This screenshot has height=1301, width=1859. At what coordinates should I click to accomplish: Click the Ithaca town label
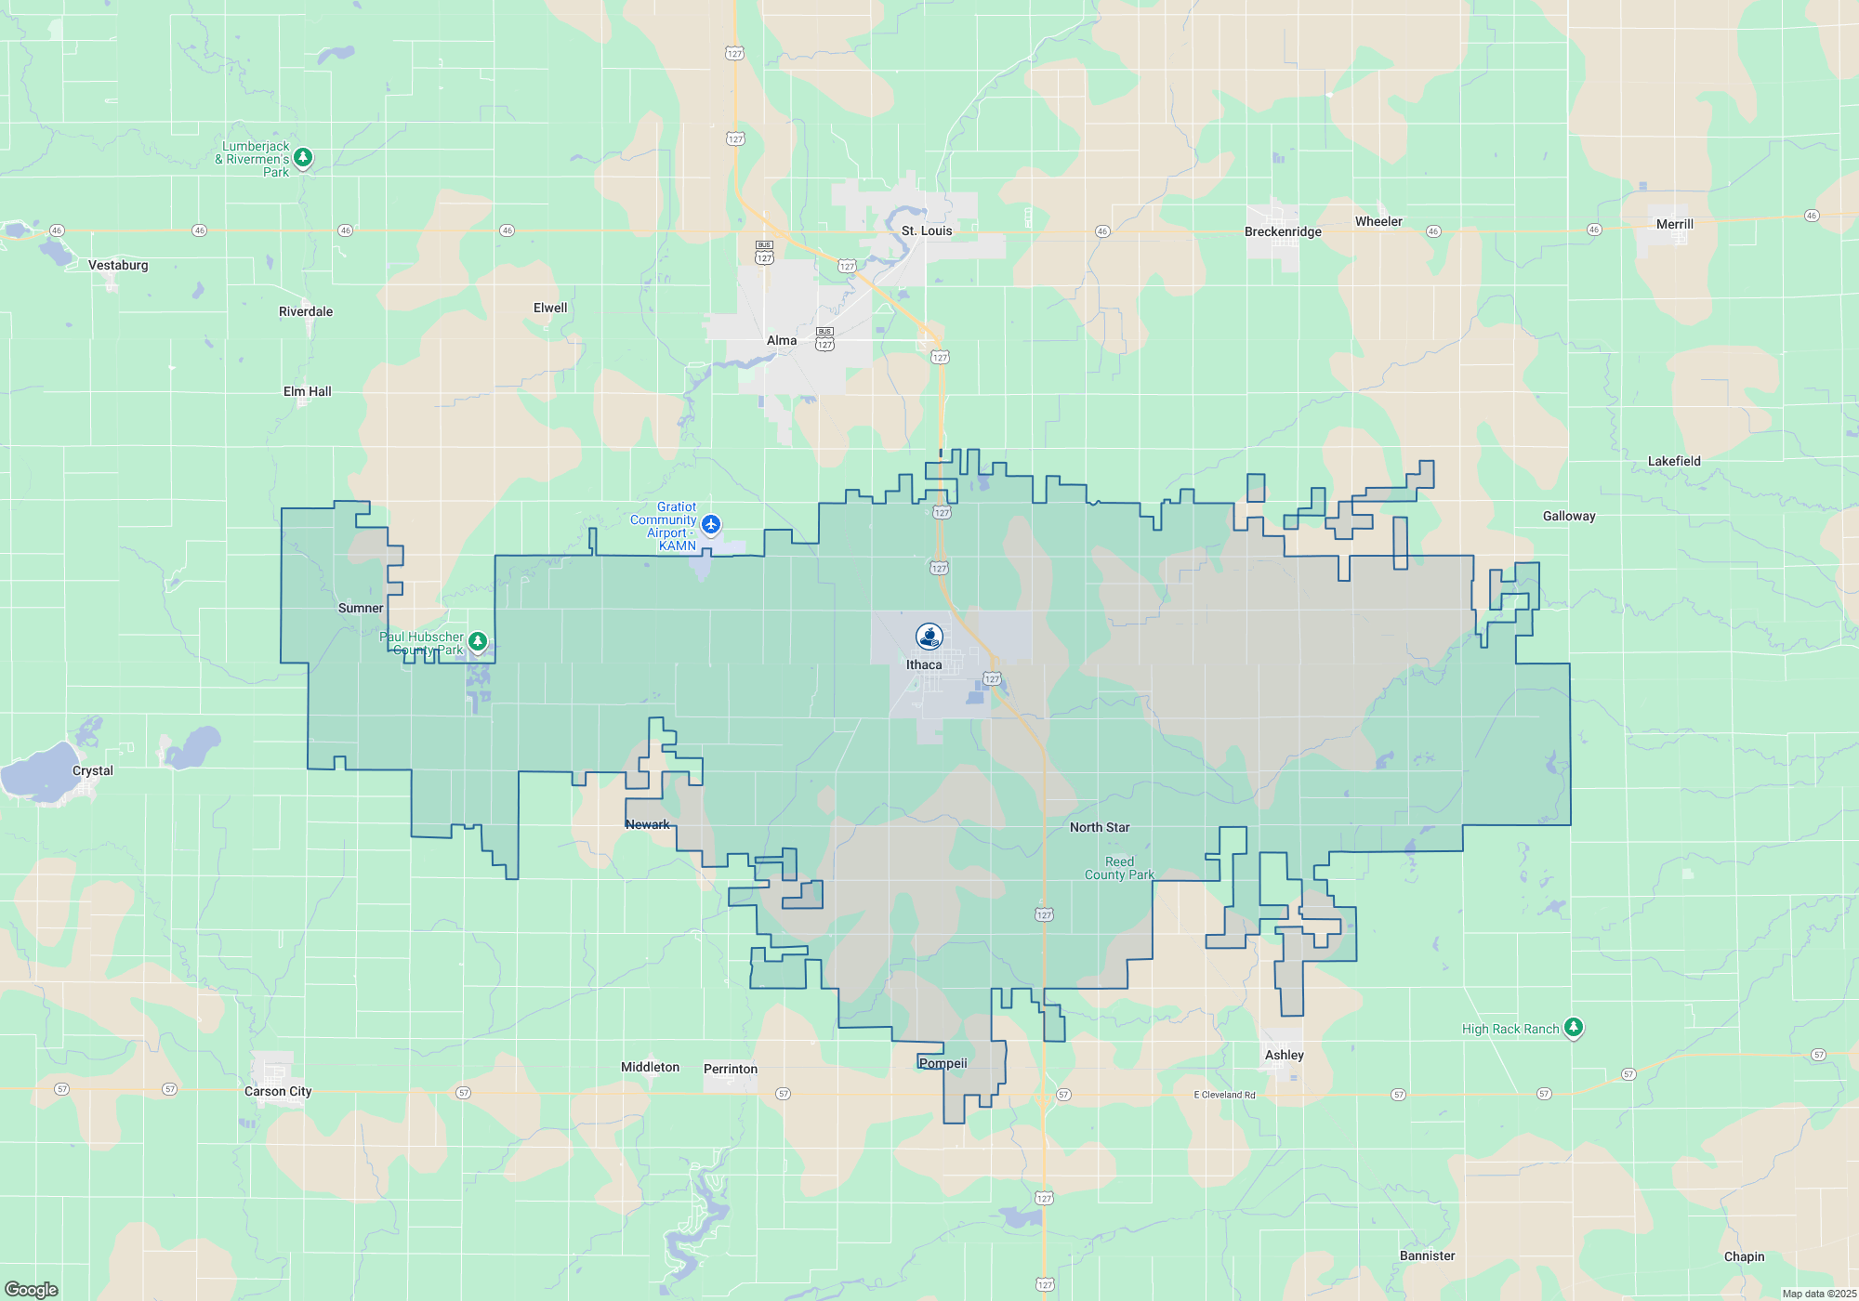pos(924,664)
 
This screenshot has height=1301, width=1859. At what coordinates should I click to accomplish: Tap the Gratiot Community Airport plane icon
pos(711,525)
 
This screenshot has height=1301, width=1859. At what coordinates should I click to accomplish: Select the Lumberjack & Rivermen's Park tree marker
pos(302,158)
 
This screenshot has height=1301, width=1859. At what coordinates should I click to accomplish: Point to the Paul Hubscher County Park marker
pos(478,641)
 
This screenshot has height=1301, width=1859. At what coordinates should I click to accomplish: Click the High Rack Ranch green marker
pos(1573,1027)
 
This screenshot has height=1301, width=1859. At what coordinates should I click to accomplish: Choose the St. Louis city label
pos(927,230)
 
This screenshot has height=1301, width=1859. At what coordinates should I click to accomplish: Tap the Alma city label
pos(782,340)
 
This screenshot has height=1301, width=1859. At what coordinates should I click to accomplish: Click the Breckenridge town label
pos(1283,231)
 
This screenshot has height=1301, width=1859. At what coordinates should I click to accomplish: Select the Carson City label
pos(278,1091)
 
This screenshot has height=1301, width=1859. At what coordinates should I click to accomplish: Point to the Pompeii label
pos(943,1063)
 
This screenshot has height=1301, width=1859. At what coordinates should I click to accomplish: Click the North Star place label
pos(1100,827)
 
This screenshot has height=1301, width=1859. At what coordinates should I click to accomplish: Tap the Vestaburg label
pos(118,265)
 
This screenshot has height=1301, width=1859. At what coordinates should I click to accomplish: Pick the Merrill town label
pos(1675,224)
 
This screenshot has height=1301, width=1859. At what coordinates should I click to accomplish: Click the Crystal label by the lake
pos(93,770)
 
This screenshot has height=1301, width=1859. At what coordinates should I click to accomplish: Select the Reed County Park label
pos(1119,868)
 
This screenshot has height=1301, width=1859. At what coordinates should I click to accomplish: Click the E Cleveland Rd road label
pos(1224,1095)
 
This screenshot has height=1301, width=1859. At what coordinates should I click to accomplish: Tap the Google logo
pos(32,1289)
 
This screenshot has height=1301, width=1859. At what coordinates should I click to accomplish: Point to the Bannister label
pos(1428,1255)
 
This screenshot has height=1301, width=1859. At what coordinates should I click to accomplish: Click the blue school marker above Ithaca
pos(929,637)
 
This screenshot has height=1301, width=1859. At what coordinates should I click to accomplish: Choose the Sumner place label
pos(361,608)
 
